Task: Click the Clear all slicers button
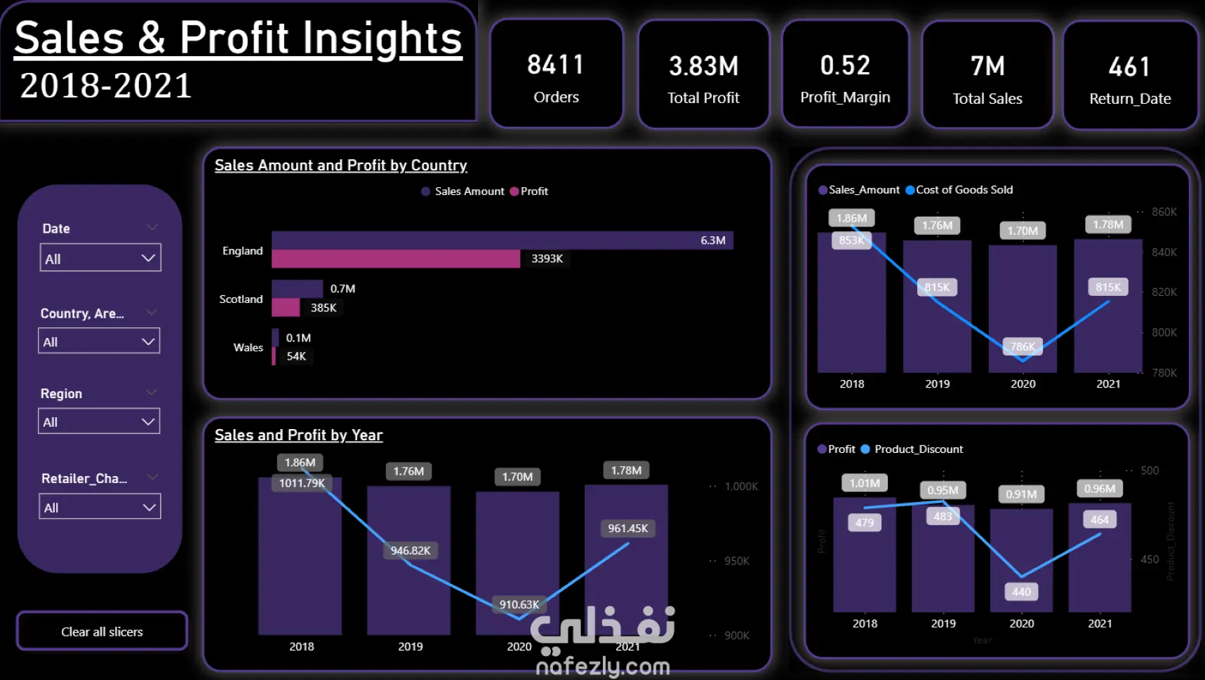(102, 632)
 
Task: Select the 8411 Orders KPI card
(556, 74)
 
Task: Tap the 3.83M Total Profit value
(703, 67)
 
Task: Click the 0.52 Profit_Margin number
(845, 66)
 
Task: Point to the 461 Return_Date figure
(1129, 67)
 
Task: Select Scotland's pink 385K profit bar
(286, 307)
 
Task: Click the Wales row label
(248, 348)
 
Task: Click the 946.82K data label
(411, 551)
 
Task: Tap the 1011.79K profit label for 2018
(302, 483)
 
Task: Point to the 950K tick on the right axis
(736, 561)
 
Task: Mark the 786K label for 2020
(1023, 346)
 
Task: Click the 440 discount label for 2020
(1021, 592)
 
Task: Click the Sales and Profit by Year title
(298, 435)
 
